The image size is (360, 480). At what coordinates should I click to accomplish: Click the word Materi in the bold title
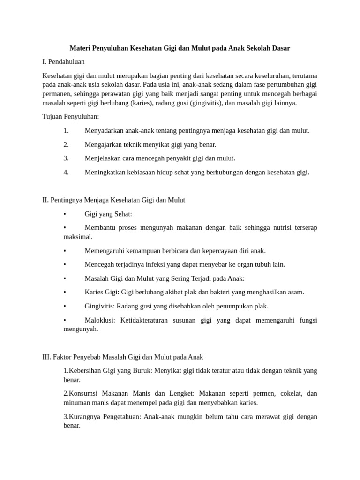click(80, 48)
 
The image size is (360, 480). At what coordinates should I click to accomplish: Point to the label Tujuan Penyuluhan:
click(71, 117)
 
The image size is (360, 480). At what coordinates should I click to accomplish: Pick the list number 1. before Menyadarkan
click(66, 131)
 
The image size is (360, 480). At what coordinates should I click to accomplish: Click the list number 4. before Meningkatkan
click(66, 172)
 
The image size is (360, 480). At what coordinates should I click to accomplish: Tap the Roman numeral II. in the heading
click(45, 200)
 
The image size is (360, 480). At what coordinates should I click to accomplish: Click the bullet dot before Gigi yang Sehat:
click(65, 214)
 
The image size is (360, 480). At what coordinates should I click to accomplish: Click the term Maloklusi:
click(100, 320)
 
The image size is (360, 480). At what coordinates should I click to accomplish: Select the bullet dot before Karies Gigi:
click(65, 292)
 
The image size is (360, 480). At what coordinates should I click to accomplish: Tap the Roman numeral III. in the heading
click(46, 357)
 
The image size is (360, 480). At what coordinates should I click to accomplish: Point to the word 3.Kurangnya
click(83, 417)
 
